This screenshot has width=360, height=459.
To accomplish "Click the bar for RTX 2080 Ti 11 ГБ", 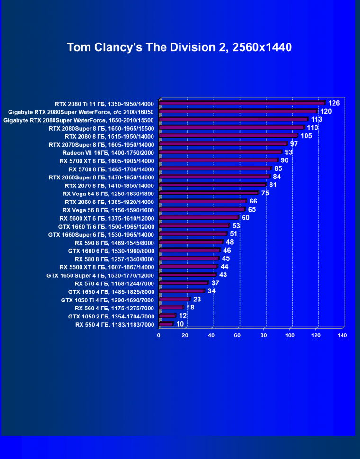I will pyautogui.click(x=242, y=103).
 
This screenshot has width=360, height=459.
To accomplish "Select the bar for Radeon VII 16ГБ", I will pyautogui.click(x=220, y=152).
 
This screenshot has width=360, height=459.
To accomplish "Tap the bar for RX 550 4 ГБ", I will pyautogui.click(x=166, y=324).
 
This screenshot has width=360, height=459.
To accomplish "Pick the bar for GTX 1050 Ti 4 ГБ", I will pyautogui.click(x=174, y=300).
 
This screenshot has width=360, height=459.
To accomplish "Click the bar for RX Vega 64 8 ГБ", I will pyautogui.click(x=208, y=193).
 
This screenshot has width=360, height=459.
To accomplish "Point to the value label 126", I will pyautogui.click(x=334, y=103).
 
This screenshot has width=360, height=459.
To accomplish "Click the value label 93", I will pyautogui.click(x=289, y=152).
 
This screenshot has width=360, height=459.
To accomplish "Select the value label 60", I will pyautogui.click(x=245, y=218).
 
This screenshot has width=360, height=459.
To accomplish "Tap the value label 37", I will pyautogui.click(x=215, y=283).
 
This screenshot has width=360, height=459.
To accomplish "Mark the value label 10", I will pyautogui.click(x=180, y=324).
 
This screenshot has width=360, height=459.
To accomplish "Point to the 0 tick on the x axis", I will pyautogui.click(x=159, y=335).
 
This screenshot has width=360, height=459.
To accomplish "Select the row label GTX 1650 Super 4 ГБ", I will pyautogui.click(x=100, y=275).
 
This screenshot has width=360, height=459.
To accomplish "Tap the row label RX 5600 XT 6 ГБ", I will pyautogui.click(x=107, y=218).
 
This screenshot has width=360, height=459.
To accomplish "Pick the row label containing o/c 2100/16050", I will pyautogui.click(x=81, y=112).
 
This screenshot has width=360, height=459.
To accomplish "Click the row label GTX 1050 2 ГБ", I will pyautogui.click(x=111, y=316).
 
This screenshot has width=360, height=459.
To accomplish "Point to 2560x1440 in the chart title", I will pyautogui.click(x=260, y=47).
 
